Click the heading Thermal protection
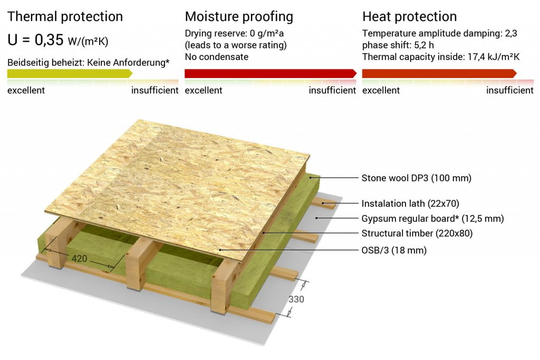pyautogui.click(x=65, y=17)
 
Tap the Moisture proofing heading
pyautogui.click(x=239, y=17)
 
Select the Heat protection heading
pyautogui.click(x=409, y=17)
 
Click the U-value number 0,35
pyautogui.click(x=49, y=40)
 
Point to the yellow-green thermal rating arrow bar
pyautogui.click(x=70, y=73)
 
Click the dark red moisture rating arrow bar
pyautogui.click(x=271, y=73)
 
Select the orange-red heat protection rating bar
pyautogui.click(x=439, y=73)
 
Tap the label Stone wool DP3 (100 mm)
pyautogui.click(x=417, y=178)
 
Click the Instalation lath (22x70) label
pyautogui.click(x=410, y=203)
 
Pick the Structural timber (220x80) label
pyautogui.click(x=417, y=233)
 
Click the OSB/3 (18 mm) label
pyautogui.click(x=394, y=250)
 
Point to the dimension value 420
pyautogui.click(x=79, y=258)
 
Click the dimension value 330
pyautogui.click(x=296, y=299)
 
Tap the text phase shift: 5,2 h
pyautogui.click(x=398, y=45)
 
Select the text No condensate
pyautogui.click(x=217, y=57)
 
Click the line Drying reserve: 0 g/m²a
pyautogui.click(x=234, y=33)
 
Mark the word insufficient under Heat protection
pyautogui.click(x=510, y=90)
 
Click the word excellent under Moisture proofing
pyautogui.click(x=204, y=90)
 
